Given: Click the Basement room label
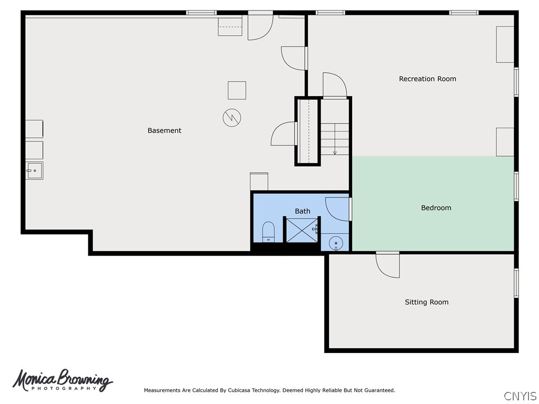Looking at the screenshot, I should click(164, 130).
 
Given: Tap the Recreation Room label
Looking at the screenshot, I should click(427, 79).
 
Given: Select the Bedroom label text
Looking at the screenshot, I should click(436, 208).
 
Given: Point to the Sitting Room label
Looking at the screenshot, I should click(426, 302).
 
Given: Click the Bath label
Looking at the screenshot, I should click(302, 211).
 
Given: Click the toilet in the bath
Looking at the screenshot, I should click(268, 232).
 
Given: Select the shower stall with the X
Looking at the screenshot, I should click(302, 230).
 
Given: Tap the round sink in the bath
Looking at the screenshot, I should click(335, 243).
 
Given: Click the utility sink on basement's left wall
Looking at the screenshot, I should click(35, 170).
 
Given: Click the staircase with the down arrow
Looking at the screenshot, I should click(335, 139).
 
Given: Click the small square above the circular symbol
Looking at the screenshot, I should click(237, 90).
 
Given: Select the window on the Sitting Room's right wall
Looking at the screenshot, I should click(516, 283).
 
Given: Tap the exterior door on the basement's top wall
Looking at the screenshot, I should click(261, 26).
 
